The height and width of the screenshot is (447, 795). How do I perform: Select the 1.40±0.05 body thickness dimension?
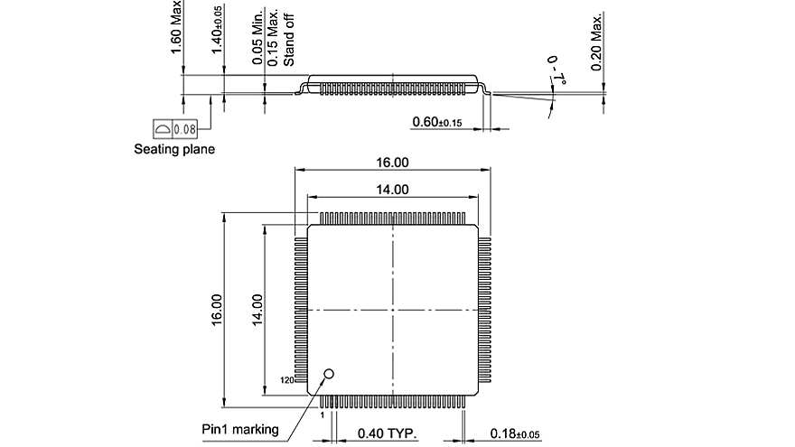[217, 30]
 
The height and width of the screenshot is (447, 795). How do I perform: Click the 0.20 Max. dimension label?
[597, 41]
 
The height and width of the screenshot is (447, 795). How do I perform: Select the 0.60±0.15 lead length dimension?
[437, 122]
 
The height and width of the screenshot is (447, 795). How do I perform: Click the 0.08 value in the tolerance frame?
[185, 129]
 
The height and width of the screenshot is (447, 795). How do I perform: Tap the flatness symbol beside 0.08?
[162, 129]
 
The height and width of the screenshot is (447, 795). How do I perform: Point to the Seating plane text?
[174, 149]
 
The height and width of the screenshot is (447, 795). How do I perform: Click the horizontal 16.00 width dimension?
[393, 163]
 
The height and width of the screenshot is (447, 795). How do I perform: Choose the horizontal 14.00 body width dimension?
[393, 190]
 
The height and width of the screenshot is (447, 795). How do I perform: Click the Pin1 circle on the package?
[329, 373]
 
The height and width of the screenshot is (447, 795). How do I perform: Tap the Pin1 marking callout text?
[239, 429]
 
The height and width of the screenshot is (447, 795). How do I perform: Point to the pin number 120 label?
[287, 381]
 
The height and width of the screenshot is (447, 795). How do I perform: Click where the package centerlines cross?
[393, 310]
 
